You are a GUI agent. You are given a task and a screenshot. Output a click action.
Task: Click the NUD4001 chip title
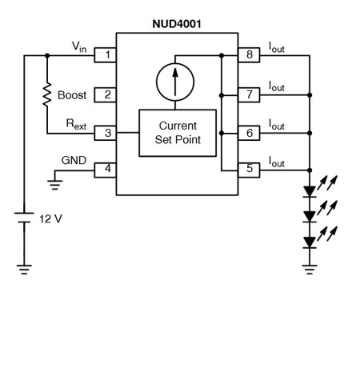click(177, 24)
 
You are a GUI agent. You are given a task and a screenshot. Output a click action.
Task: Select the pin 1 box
click(105, 55)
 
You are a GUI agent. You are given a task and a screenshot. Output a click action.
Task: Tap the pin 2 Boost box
click(105, 94)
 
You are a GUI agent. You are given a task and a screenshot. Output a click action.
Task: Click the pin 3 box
click(105, 133)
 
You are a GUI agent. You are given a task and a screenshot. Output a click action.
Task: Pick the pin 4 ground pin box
click(105, 170)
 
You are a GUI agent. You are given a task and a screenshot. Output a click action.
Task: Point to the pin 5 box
click(249, 170)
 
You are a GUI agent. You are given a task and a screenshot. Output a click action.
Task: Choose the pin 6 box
click(249, 133)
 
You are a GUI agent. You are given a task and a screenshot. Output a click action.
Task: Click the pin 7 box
click(249, 94)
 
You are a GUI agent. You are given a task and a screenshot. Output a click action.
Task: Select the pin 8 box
click(249, 55)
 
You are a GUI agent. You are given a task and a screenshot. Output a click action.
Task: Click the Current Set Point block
click(178, 133)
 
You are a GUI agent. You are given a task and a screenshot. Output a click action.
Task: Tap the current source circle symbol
click(175, 63)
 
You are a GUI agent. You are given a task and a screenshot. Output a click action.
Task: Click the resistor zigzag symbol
click(47, 94)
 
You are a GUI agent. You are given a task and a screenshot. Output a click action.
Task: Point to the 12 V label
click(50, 219)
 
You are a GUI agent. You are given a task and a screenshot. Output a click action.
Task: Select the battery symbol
click(24, 218)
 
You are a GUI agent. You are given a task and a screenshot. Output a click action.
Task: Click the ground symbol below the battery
click(24, 270)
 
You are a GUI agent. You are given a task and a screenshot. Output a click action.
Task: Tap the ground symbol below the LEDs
click(310, 270)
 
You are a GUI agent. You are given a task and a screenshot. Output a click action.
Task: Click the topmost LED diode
click(310, 192)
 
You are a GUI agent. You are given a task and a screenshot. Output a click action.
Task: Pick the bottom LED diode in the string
click(310, 242)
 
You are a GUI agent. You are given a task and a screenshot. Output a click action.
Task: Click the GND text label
click(74, 160)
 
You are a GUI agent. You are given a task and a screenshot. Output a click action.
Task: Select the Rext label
click(76, 124)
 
